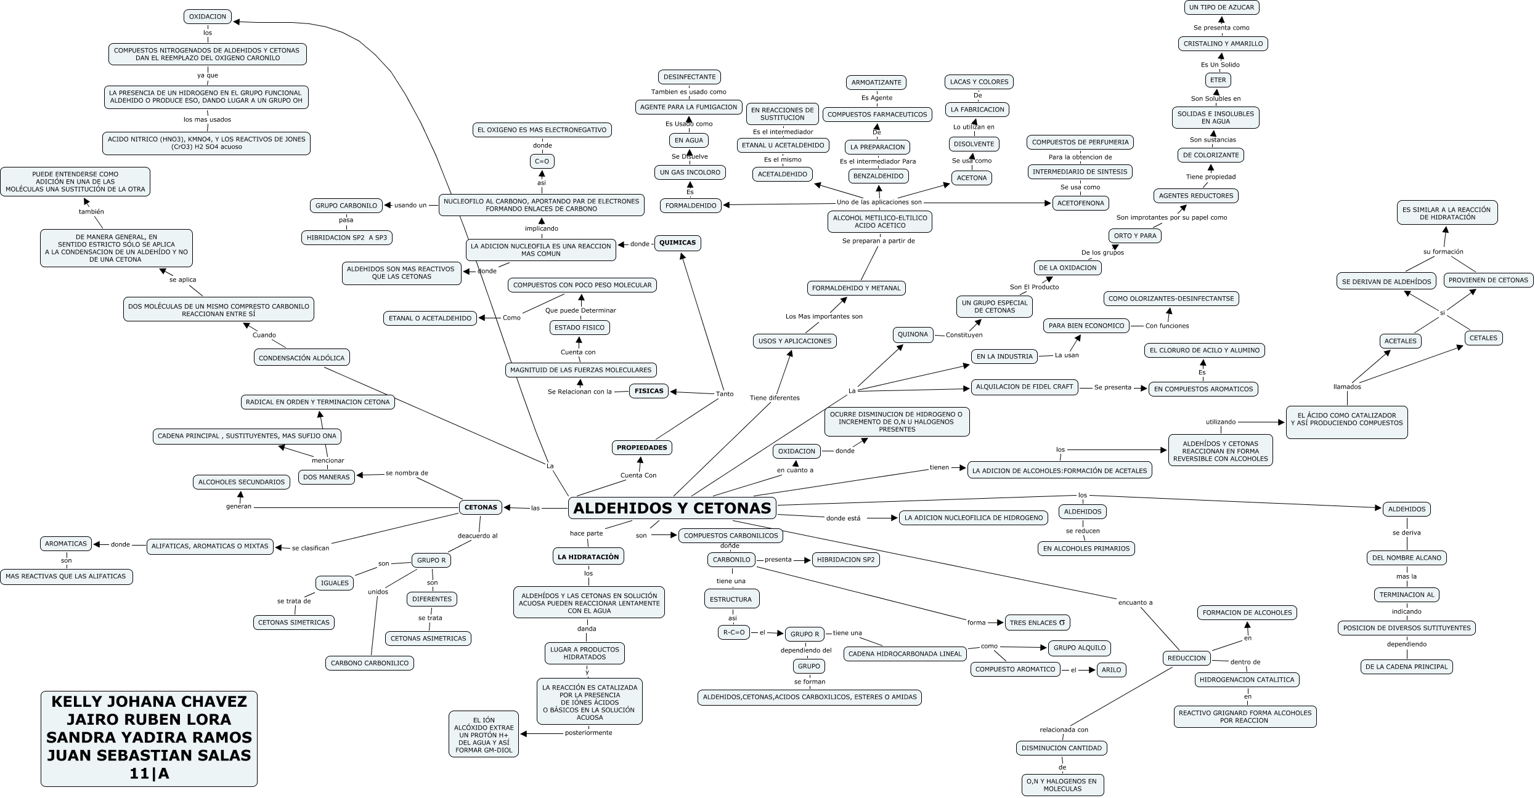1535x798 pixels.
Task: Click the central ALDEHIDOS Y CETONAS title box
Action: [x=672, y=508]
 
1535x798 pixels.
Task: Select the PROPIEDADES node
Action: [x=641, y=448]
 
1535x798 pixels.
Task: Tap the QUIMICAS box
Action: [x=677, y=243]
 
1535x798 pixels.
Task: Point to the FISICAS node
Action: [x=649, y=390]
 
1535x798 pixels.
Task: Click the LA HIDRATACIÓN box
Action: [x=588, y=557]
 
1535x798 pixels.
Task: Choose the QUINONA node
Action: [x=913, y=335]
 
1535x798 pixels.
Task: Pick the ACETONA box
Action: [x=972, y=178]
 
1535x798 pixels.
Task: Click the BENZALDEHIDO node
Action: [x=879, y=176]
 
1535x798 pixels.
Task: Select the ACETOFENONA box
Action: [x=1081, y=203]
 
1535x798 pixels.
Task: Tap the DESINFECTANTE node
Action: [x=689, y=77]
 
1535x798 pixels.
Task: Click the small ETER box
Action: [x=1218, y=80]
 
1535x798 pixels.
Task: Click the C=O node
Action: [x=542, y=161]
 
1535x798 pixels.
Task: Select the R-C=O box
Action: [x=733, y=632]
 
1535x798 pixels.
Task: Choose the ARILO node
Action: [x=1111, y=670]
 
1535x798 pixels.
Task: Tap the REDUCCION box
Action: [x=1186, y=658]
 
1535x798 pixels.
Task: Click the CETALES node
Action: [x=1483, y=338]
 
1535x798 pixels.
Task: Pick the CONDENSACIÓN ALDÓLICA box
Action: [x=301, y=358]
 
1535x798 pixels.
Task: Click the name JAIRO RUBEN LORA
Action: [x=149, y=719]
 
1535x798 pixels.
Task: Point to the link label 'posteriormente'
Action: [x=588, y=733]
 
